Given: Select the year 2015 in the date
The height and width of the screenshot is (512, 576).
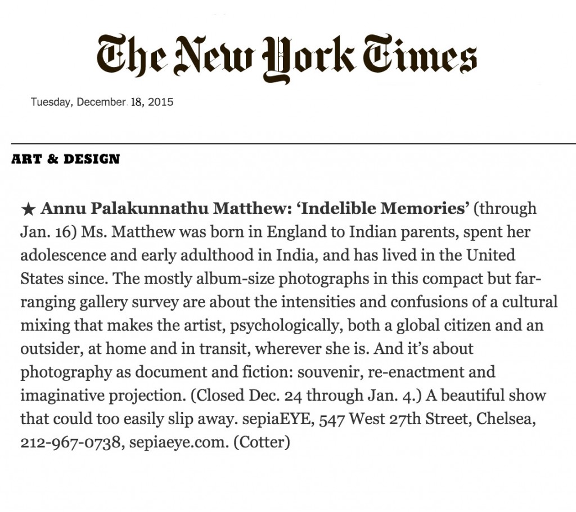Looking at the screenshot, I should tap(160, 102).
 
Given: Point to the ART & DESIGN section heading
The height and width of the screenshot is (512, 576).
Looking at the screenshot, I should tap(65, 159).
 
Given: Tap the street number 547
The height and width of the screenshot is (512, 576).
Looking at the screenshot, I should tap(332, 419).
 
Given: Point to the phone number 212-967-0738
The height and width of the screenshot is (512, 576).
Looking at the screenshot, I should tap(70, 442).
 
